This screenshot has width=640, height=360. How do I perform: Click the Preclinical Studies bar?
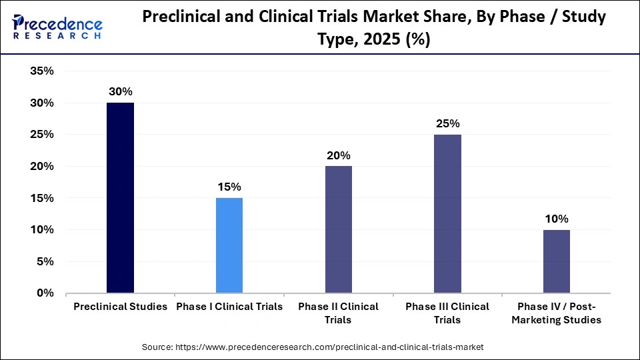click(120, 198)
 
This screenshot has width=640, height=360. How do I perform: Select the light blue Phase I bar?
click(229, 245)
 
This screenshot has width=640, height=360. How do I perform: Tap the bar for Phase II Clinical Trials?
click(338, 229)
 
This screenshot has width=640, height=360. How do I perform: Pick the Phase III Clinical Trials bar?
click(447, 213)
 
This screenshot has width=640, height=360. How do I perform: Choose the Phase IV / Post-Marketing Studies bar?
click(557, 261)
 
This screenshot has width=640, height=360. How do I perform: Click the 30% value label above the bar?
click(120, 92)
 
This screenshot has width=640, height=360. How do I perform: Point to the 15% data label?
click(229, 187)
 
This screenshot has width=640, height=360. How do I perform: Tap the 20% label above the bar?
click(338, 155)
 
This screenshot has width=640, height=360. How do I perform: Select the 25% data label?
click(447, 124)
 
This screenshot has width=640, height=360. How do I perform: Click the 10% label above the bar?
click(557, 219)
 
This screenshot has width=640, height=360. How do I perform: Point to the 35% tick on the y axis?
click(41, 71)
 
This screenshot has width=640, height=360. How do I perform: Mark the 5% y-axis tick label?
click(45, 261)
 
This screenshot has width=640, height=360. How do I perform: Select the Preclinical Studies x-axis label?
click(120, 307)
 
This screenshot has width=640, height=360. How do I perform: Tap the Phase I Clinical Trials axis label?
click(229, 307)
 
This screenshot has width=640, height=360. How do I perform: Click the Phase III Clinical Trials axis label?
click(447, 313)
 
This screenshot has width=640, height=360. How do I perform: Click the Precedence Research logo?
click(57, 27)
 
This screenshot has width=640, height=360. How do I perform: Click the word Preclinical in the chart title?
click(182, 17)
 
